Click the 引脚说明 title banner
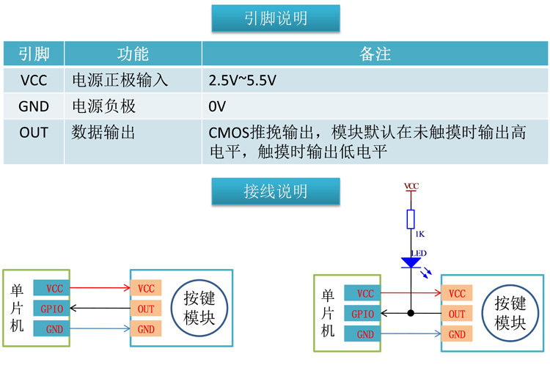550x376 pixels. (x=276, y=18)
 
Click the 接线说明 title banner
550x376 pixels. (x=276, y=191)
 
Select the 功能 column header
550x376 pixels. (x=133, y=54)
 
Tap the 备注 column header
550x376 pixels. (x=375, y=54)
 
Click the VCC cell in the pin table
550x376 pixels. (x=34, y=80)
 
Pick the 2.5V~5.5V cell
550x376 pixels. (x=375, y=80)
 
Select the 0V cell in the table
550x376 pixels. (x=375, y=106)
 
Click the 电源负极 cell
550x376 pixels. (x=133, y=106)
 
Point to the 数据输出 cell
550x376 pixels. (x=133, y=142)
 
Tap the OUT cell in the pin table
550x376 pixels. (x=34, y=142)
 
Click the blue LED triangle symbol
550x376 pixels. (x=411, y=262)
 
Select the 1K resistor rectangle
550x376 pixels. (x=411, y=219)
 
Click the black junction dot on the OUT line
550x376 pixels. (x=411, y=313)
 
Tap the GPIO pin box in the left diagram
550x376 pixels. (x=51, y=309)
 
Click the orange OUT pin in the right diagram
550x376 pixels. (x=457, y=314)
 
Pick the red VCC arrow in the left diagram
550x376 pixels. (x=100, y=288)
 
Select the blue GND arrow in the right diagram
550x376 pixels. (x=411, y=333)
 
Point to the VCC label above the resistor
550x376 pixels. (x=411, y=186)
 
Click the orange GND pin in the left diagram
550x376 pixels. (x=146, y=328)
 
